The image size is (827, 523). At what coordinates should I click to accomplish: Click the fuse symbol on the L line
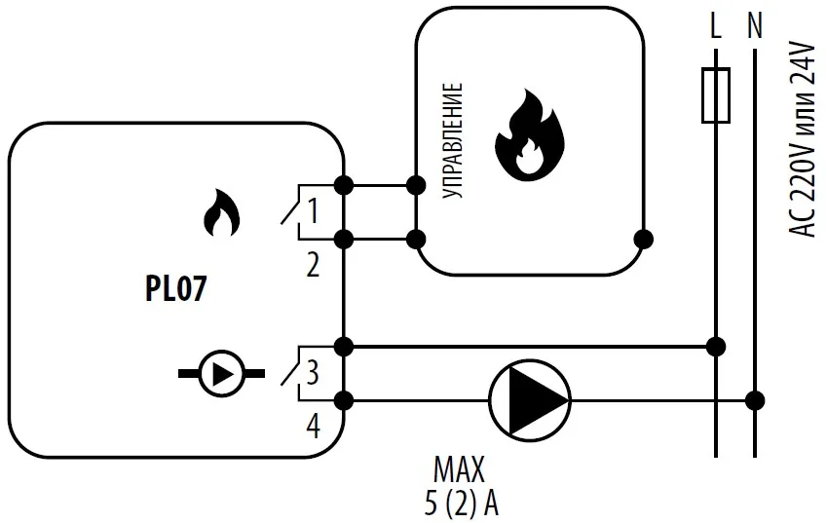(x=716, y=95)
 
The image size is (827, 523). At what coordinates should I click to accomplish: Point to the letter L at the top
(x=716, y=28)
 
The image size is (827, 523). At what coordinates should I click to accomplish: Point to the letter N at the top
(x=754, y=28)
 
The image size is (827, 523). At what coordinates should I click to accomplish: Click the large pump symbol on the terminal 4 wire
(x=528, y=398)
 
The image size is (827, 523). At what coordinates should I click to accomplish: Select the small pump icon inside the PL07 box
(x=221, y=373)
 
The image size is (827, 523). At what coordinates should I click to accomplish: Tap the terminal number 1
(x=313, y=208)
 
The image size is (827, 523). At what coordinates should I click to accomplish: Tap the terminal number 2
(x=313, y=264)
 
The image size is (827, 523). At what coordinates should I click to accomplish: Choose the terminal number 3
(x=313, y=371)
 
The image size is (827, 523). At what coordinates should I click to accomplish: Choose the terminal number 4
(x=313, y=426)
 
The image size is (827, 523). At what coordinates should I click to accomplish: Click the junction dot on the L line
(x=716, y=345)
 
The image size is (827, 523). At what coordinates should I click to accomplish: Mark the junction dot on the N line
(x=754, y=398)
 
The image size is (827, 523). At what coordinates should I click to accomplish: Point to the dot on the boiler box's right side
(x=642, y=238)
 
